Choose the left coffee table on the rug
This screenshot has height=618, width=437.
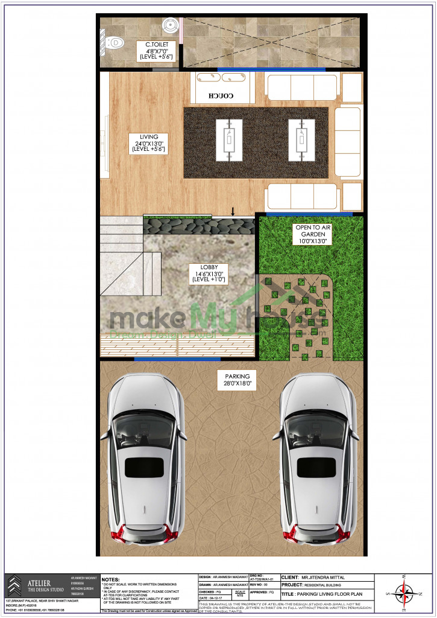tap(229, 140)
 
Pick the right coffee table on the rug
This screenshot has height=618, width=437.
tap(301, 140)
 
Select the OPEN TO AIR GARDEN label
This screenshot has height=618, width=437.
tap(312, 234)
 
